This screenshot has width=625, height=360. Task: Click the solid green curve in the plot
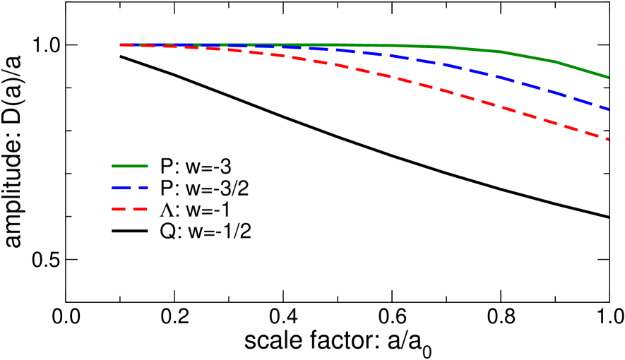[x=494, y=51]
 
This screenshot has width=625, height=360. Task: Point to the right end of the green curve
[x=608, y=77]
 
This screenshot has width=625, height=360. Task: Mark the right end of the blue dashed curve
[x=608, y=108]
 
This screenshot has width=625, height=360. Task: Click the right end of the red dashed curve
[x=608, y=139]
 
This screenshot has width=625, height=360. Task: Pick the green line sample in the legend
[x=129, y=166]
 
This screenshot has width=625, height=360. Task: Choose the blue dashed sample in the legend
[x=129, y=188]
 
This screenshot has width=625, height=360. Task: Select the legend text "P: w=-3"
[x=196, y=167]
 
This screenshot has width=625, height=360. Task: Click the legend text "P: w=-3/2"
[x=204, y=188]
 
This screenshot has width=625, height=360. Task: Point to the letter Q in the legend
[x=167, y=232]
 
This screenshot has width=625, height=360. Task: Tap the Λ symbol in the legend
[x=167, y=210]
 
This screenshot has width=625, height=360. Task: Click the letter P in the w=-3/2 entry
[x=166, y=188]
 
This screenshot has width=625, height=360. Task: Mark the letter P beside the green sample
[x=166, y=167]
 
